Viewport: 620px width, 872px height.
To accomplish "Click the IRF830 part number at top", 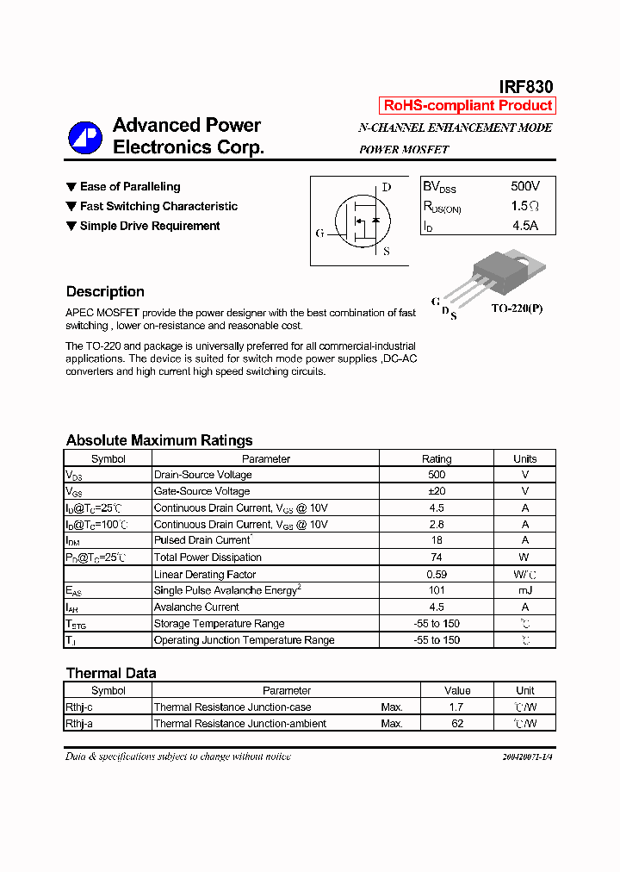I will point(525,87).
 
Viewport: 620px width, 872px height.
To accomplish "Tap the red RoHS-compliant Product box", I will point(468,105).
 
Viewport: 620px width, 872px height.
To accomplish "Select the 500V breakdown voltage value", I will point(524,186).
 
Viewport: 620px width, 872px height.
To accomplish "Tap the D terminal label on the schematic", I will point(386,187).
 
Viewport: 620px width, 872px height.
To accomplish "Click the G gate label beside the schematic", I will point(319,234).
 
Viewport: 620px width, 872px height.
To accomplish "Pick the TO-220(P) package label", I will point(517,308).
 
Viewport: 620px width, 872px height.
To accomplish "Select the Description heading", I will point(105,291).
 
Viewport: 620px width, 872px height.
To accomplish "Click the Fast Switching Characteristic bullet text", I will point(158,206).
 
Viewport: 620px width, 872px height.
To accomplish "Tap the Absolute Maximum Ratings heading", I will point(159,440).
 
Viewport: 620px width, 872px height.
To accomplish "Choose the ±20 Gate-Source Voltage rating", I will point(436,491).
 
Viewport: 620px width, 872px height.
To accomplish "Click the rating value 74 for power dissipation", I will point(436,557).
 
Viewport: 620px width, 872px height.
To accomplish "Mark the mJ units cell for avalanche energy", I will point(524,590).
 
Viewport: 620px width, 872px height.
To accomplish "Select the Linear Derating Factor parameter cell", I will point(205,574).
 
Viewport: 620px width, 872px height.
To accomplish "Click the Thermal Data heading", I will point(111,673).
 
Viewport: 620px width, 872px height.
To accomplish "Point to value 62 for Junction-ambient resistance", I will point(457,724).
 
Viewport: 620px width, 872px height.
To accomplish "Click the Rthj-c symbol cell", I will point(80,707).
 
